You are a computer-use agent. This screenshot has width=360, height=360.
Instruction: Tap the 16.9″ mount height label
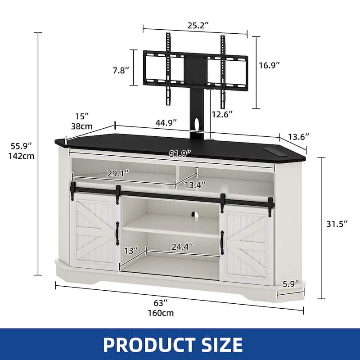[x=270, y=65]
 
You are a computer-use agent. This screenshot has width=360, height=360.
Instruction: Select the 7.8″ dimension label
[x=121, y=70]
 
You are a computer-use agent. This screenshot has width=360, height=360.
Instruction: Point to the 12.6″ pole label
[x=222, y=114]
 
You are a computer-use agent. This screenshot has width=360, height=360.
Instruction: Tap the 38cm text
[x=82, y=126]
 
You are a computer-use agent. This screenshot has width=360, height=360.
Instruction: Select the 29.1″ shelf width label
[x=117, y=172]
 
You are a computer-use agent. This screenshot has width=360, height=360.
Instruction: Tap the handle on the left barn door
[x=117, y=233]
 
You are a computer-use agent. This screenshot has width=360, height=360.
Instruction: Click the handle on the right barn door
[x=222, y=239]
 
